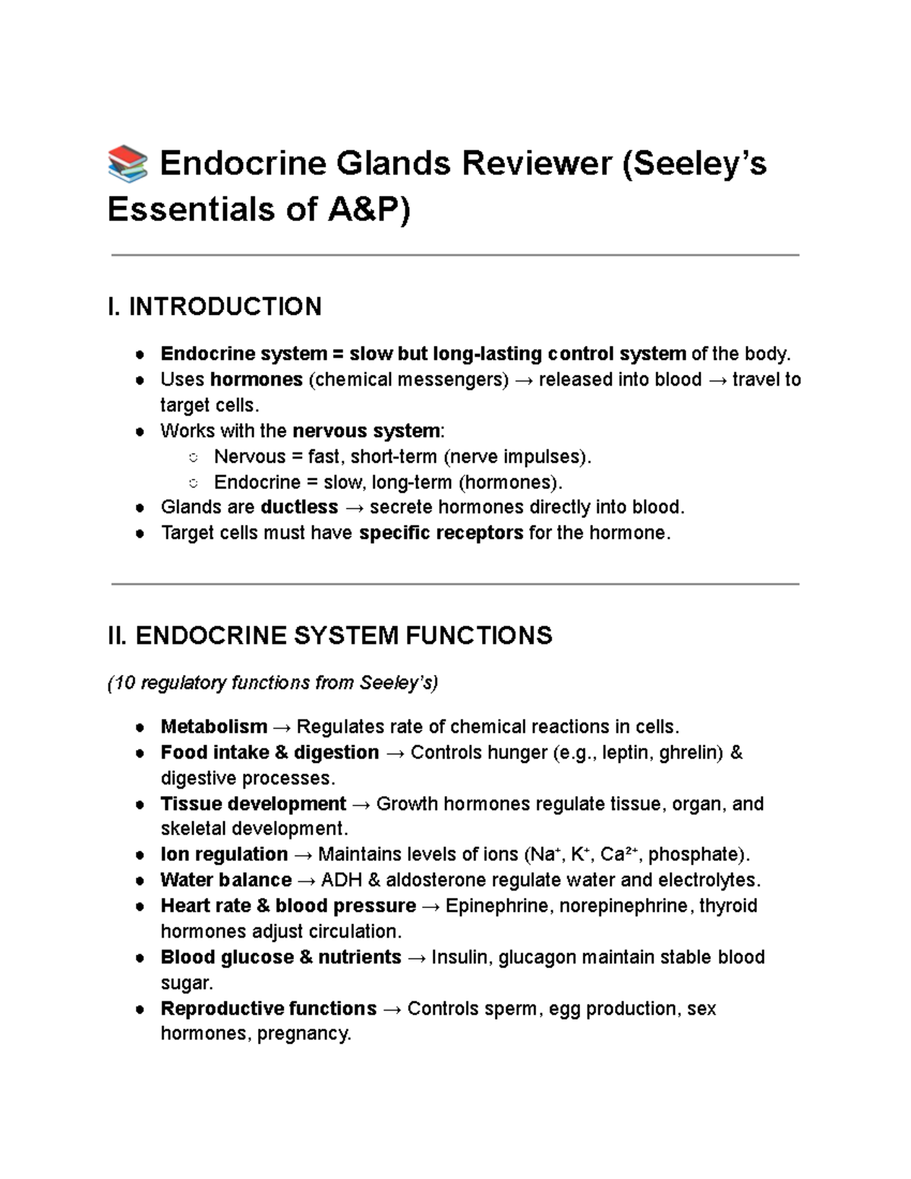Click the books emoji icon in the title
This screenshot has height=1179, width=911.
(128, 165)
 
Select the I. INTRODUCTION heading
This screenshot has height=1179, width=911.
(215, 307)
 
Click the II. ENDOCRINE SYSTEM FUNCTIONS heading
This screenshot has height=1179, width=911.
(330, 635)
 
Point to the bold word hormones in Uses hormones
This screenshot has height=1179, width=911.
(256, 380)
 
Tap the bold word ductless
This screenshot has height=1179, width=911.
(299, 507)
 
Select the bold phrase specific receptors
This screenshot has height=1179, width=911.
(441, 533)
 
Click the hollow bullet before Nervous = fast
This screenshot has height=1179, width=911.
(194, 457)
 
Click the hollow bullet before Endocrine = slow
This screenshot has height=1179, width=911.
(194, 483)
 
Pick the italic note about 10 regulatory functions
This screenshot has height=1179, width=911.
(273, 683)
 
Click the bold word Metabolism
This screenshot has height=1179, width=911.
(214, 727)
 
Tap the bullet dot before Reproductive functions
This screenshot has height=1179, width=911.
(140, 1010)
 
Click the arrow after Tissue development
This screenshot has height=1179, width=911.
(361, 805)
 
